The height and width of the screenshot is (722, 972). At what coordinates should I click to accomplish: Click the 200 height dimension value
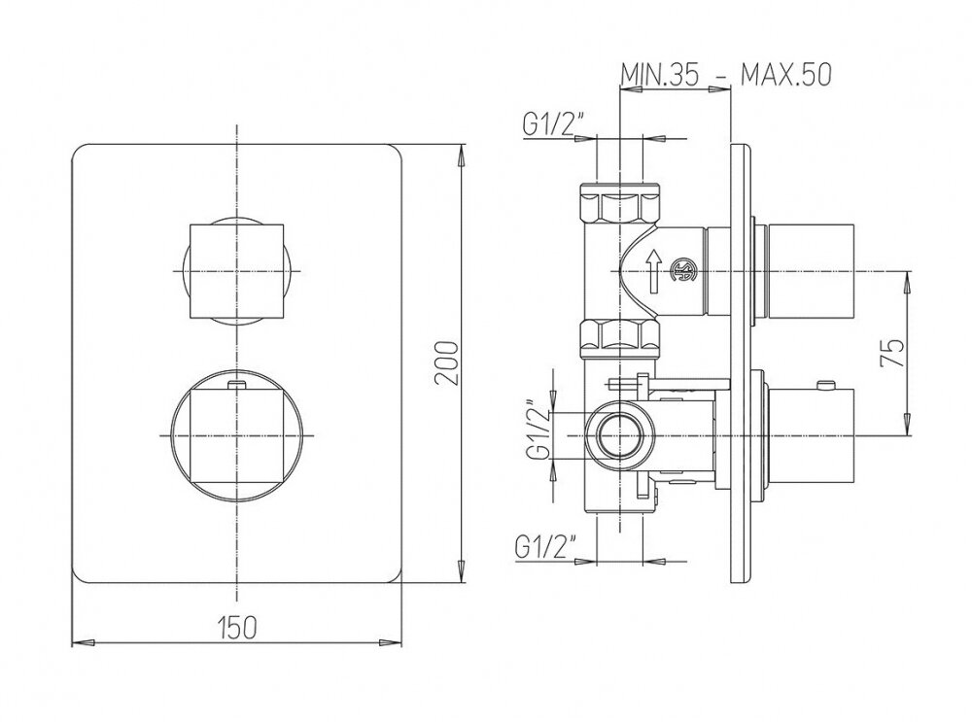[447, 363]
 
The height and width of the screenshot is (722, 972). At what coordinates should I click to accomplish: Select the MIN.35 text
[660, 75]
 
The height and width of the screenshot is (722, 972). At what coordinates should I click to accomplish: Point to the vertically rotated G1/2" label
[538, 429]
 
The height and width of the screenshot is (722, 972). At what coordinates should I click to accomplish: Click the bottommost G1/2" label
[545, 547]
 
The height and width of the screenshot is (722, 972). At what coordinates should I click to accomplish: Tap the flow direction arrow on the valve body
[653, 271]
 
